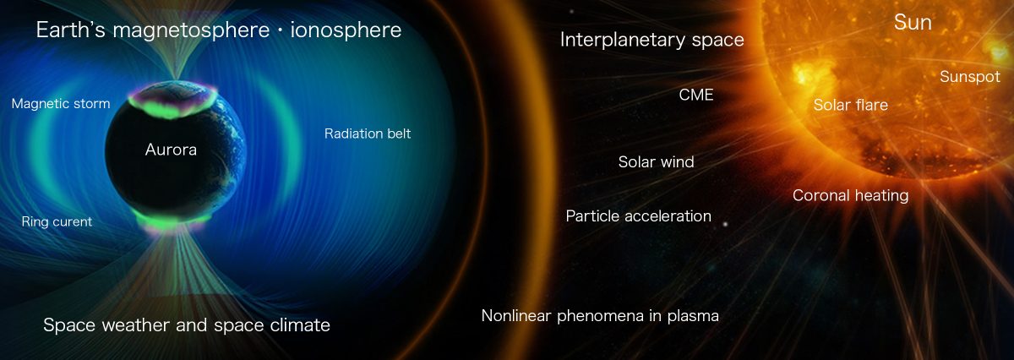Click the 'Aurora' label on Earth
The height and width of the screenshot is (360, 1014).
[171, 150]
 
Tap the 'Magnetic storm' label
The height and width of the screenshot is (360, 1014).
[61, 104]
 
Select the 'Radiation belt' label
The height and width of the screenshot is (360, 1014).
[368, 134]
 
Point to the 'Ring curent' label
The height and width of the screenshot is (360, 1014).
[57, 221]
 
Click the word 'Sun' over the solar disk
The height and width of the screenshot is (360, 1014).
[913, 22]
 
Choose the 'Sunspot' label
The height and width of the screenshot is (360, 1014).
[970, 77]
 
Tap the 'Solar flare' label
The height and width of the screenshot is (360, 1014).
[851, 105]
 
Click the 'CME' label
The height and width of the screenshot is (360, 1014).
[696, 95]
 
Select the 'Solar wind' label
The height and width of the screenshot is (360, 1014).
[656, 161]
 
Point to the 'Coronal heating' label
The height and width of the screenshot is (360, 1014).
[851, 195]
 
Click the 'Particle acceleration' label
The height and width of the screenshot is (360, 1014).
[638, 216]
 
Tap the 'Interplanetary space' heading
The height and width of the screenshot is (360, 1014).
[651, 40]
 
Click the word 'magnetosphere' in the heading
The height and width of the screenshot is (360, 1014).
[191, 30]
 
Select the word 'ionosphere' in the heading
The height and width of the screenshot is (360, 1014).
[346, 30]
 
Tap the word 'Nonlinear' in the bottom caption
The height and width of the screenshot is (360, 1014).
[516, 315]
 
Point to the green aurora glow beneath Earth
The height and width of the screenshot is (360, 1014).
[174, 220]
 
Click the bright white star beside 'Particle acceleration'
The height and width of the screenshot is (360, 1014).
[725, 224]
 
